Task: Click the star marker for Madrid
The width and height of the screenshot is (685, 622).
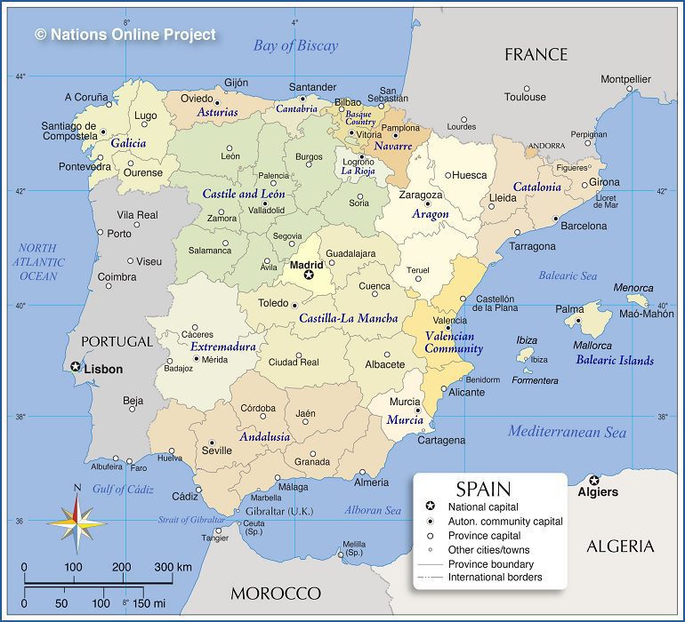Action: pos(309,275)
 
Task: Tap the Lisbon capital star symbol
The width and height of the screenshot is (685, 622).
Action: pos(76,366)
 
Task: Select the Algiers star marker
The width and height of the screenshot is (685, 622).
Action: pos(594,480)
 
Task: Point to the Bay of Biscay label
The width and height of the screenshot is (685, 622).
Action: pos(295,46)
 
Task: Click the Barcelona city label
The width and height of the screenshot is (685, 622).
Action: pos(583,227)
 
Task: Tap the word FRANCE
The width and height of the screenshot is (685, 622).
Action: pos(536,55)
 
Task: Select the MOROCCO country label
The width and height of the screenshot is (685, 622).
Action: pos(275,593)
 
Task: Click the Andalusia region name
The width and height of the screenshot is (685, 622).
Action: pos(264,437)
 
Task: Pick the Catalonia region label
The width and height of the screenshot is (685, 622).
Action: pos(536,187)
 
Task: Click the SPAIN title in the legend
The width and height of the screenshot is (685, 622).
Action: pos(483,488)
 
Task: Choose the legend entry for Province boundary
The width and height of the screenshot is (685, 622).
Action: pos(490,564)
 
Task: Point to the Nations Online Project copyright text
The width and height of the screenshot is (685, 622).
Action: pos(125,35)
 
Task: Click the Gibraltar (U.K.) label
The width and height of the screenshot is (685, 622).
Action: pos(279,512)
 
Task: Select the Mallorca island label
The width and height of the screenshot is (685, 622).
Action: pos(592,346)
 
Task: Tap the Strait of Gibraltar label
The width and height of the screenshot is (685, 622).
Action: pos(191,520)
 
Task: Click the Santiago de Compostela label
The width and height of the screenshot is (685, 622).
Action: pos(68,132)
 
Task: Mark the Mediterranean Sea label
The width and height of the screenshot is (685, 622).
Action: pos(567,433)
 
